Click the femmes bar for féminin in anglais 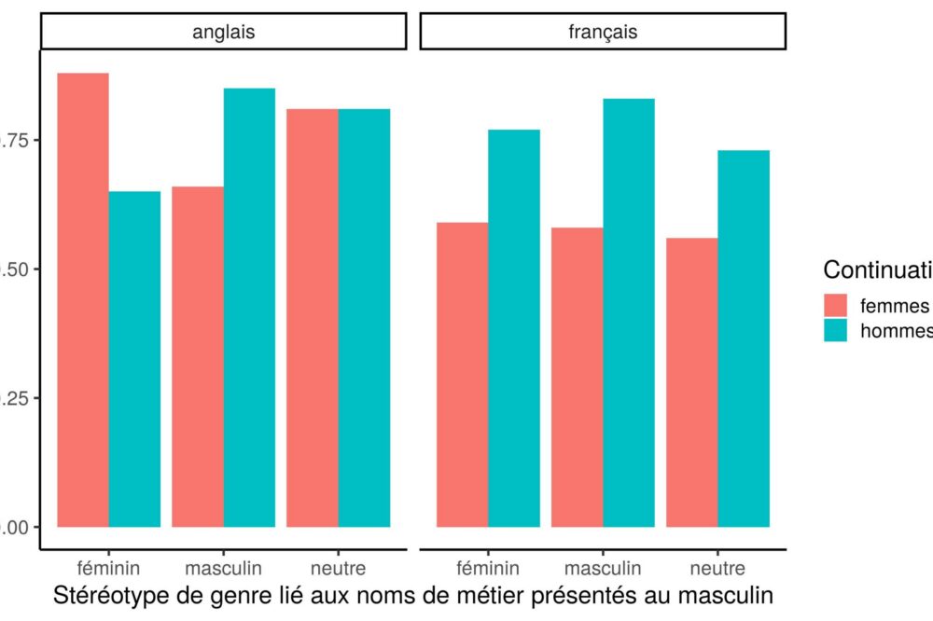(x=83, y=299)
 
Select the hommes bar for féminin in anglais (x=134, y=359)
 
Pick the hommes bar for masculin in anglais (x=249, y=308)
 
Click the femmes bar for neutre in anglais (x=313, y=318)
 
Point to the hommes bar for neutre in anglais (x=364, y=318)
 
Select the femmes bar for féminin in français (x=463, y=374)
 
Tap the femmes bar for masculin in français (x=578, y=377)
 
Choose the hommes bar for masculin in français (x=629, y=312)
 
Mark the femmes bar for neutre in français (x=692, y=382)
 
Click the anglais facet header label (x=224, y=32)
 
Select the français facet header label (x=603, y=32)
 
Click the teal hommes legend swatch (x=836, y=330)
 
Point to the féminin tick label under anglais (x=108, y=568)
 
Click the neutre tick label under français (x=717, y=568)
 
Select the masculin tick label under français (x=603, y=568)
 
